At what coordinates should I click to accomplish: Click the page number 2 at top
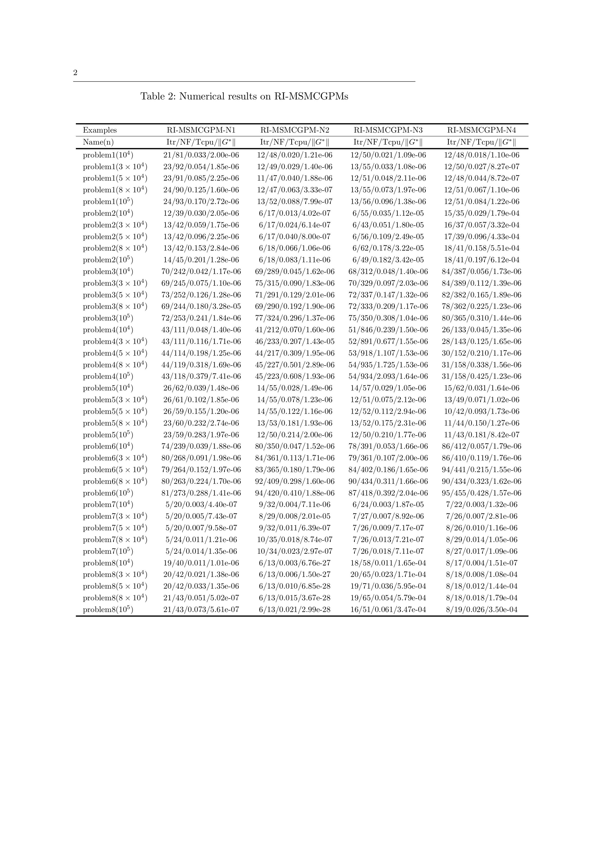click(75, 73)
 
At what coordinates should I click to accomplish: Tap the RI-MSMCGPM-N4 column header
click(481, 130)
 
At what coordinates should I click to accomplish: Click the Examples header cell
click(99, 130)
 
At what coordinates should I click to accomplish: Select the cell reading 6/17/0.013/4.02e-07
click(294, 213)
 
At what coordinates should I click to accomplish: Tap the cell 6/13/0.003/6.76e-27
click(294, 563)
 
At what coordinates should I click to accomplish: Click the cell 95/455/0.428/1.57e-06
click(481, 493)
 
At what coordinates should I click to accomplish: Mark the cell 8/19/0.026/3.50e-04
click(481, 610)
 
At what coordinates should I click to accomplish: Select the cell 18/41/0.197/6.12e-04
click(481, 260)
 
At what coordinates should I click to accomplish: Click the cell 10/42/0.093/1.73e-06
click(481, 411)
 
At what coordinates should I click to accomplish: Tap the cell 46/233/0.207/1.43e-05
click(294, 341)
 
